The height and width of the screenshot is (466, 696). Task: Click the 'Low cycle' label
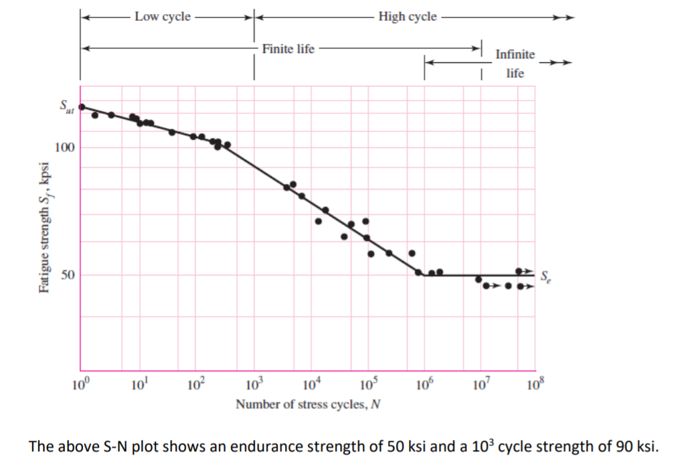[x=162, y=17]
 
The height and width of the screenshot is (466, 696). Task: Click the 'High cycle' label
[x=407, y=17]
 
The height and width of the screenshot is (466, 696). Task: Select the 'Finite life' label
[x=288, y=49]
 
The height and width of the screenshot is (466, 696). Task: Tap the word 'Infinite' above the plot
[x=515, y=54]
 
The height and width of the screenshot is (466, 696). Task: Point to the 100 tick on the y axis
[x=65, y=147]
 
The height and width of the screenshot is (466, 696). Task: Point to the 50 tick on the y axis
[x=68, y=275]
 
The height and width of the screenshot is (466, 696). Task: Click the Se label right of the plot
[x=546, y=275]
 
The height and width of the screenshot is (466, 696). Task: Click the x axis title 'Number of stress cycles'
[x=308, y=404]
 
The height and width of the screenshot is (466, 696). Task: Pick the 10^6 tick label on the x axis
[x=424, y=384]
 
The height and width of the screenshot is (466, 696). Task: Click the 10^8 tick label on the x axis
[x=535, y=384]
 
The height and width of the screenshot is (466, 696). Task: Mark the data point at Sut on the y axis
[x=82, y=106]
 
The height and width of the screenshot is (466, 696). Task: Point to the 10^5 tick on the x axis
[x=367, y=384]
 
